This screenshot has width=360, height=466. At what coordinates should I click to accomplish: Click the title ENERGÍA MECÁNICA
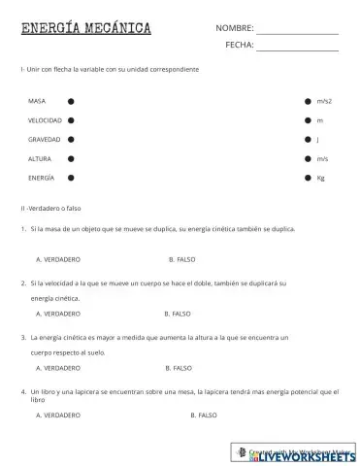point(86,28)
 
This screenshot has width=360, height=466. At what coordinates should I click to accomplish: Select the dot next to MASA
point(70,101)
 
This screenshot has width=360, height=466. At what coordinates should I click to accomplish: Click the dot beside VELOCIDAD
point(70,120)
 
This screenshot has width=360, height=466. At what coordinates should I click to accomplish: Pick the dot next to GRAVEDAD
point(70,140)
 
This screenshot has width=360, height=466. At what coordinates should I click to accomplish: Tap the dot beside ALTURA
point(70,158)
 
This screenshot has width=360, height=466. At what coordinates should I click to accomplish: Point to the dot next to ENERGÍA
point(70,178)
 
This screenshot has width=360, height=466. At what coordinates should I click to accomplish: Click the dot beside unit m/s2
point(308,101)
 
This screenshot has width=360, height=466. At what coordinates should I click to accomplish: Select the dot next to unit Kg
point(308,178)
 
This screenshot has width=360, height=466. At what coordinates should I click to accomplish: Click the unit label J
point(318,140)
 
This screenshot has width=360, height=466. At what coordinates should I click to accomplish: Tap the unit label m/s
point(322,158)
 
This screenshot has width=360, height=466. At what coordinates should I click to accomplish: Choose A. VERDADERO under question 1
point(58,260)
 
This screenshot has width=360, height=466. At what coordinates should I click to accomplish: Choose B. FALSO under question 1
point(183,260)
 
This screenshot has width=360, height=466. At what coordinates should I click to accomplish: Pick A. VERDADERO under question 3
point(58,368)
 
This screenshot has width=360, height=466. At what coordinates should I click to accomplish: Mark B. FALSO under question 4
point(203,415)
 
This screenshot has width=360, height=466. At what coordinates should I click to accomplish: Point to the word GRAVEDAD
point(45,140)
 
